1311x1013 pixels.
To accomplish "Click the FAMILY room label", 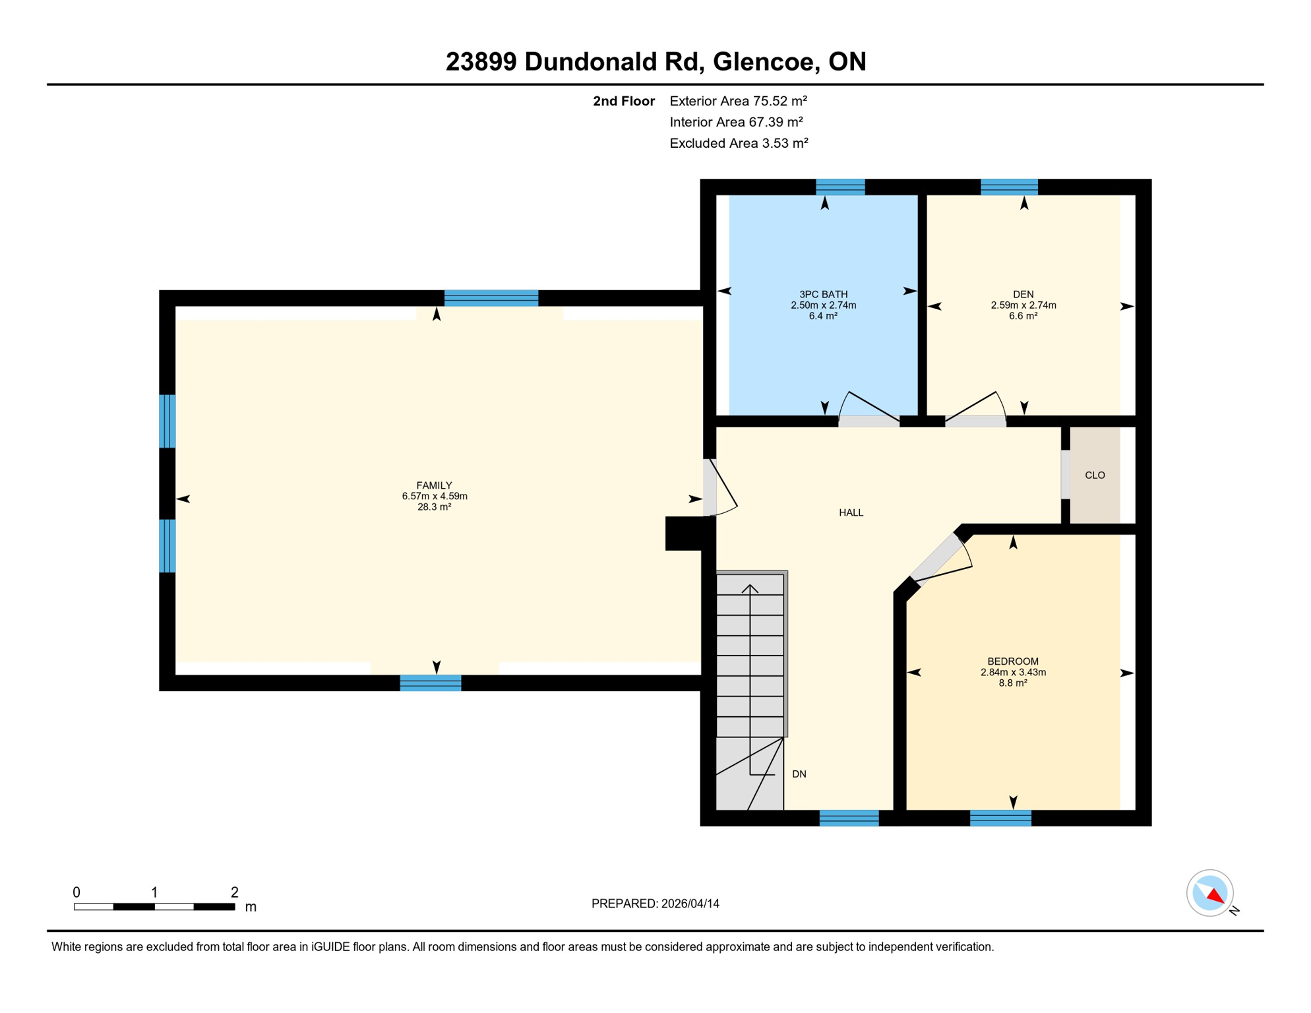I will point(434,485).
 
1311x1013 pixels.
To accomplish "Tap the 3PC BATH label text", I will point(823,295).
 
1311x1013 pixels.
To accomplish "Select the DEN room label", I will point(1023,295).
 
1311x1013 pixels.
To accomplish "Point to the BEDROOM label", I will point(1012,661).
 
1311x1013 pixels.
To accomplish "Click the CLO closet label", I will point(1095,476).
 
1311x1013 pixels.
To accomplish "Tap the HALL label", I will point(851,513).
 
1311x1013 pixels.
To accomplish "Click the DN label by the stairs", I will point(799,774).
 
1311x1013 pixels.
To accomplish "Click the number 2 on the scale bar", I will point(234,892).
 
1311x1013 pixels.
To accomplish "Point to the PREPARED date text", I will point(655,904).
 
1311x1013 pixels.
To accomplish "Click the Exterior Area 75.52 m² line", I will point(738,101).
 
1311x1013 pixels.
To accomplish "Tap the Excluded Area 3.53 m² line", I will point(739,143).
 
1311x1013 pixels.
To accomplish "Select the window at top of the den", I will point(1008,187).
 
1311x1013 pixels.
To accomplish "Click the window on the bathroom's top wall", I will point(839,187).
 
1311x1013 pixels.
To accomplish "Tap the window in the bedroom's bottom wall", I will point(1000,818).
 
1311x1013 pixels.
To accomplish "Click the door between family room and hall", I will point(710,487).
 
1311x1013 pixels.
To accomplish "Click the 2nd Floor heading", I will point(623,101).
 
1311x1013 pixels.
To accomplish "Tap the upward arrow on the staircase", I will point(750,588).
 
